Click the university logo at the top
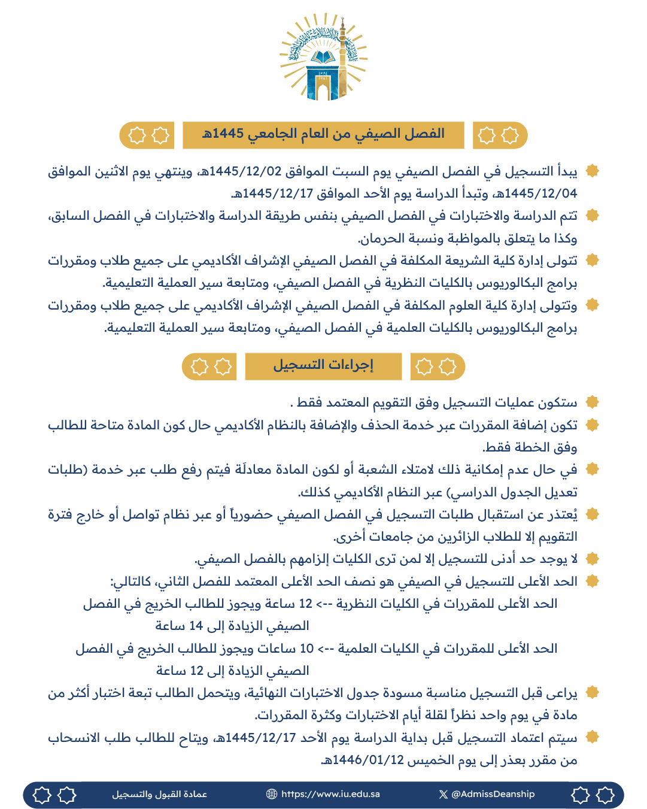coord(323,58)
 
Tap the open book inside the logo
coord(323,58)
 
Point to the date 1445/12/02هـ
coord(245,171)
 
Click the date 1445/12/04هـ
coord(541,193)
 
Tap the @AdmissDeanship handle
coord(493,794)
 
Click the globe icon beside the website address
coord(272,794)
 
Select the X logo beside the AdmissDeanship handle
coord(443,794)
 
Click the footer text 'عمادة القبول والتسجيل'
coord(159,794)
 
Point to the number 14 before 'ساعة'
coord(196,626)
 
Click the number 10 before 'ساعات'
coord(306,649)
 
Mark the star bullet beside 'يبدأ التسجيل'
coord(592,171)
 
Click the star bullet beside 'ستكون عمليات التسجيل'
coord(592,402)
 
